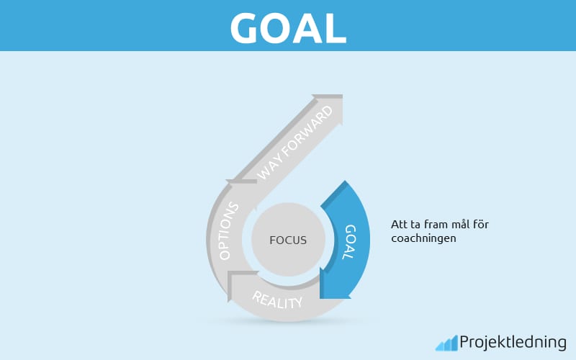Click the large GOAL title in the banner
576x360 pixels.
pos(288,28)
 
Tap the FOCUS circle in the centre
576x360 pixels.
pos(289,240)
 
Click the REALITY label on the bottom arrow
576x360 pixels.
pos(277,300)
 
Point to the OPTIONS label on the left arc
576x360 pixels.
pos(228,231)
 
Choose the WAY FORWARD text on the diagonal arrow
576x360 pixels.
pos(294,143)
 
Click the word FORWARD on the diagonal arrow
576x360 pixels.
pos(307,130)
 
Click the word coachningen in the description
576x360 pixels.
pos(423,239)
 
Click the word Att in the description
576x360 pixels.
pos(399,224)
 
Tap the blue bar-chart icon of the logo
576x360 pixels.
pos(446,343)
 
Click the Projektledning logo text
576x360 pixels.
pos(513,343)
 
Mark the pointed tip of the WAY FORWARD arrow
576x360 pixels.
pos(343,95)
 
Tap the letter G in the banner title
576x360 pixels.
pos(244,28)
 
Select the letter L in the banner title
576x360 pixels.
pos(336,29)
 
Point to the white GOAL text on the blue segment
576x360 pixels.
pos(349,242)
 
